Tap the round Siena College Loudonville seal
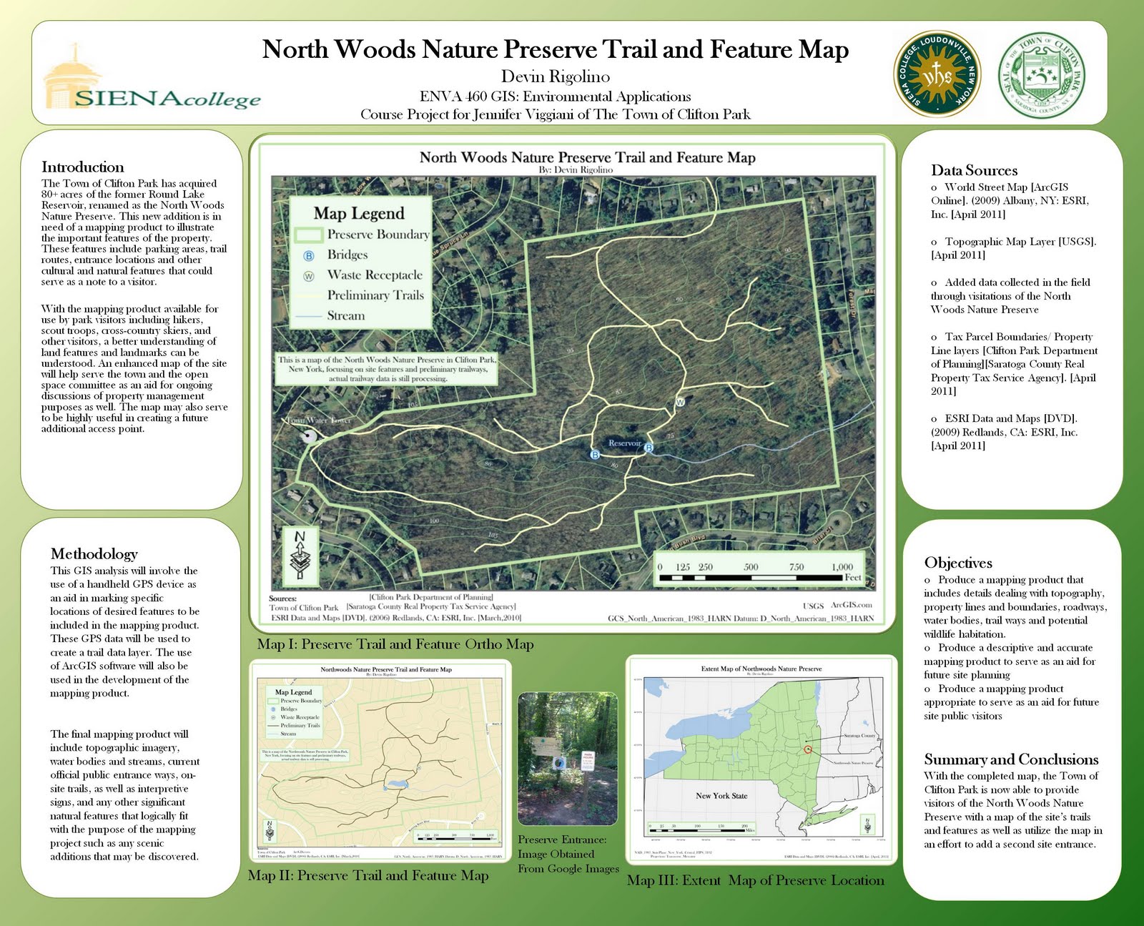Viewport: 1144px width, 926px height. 937,75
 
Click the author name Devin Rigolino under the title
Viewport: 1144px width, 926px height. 555,77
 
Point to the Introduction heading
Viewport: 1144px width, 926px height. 82,167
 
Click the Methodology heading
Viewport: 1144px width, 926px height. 94,553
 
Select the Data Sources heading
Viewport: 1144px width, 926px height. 974,170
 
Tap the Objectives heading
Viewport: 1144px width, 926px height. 958,563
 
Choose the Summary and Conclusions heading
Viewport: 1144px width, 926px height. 1011,759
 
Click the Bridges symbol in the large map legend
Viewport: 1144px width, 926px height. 309,255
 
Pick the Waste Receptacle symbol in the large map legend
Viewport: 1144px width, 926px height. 309,275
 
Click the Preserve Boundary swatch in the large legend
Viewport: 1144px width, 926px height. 309,235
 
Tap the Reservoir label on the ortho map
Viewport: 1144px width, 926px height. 624,443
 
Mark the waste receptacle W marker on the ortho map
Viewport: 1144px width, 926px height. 680,402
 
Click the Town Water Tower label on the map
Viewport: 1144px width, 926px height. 319,420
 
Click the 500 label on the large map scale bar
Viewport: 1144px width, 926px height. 751,567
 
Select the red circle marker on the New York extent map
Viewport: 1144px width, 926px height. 807,749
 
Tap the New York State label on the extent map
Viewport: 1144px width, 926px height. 721,796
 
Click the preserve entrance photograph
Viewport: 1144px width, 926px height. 567,759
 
